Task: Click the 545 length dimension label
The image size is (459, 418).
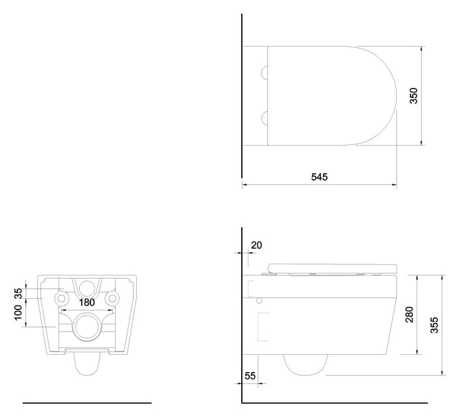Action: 318,177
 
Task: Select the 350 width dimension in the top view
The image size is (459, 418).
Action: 413,96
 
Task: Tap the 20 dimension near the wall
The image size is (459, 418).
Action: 256,245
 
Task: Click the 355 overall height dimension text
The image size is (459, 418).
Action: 433,325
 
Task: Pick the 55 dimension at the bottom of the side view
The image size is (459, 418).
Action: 250,375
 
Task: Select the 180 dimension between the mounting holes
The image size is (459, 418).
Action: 87,302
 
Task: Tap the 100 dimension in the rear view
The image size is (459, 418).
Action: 19,310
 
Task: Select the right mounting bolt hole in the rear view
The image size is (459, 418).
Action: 113,296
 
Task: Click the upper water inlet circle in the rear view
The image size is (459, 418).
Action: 87,288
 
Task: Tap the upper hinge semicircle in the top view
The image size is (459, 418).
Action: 266,72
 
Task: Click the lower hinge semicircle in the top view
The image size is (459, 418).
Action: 266,118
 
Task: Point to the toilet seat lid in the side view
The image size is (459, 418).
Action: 330,268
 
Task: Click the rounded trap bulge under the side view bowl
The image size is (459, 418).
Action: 305,363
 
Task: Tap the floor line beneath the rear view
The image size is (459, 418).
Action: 87,403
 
